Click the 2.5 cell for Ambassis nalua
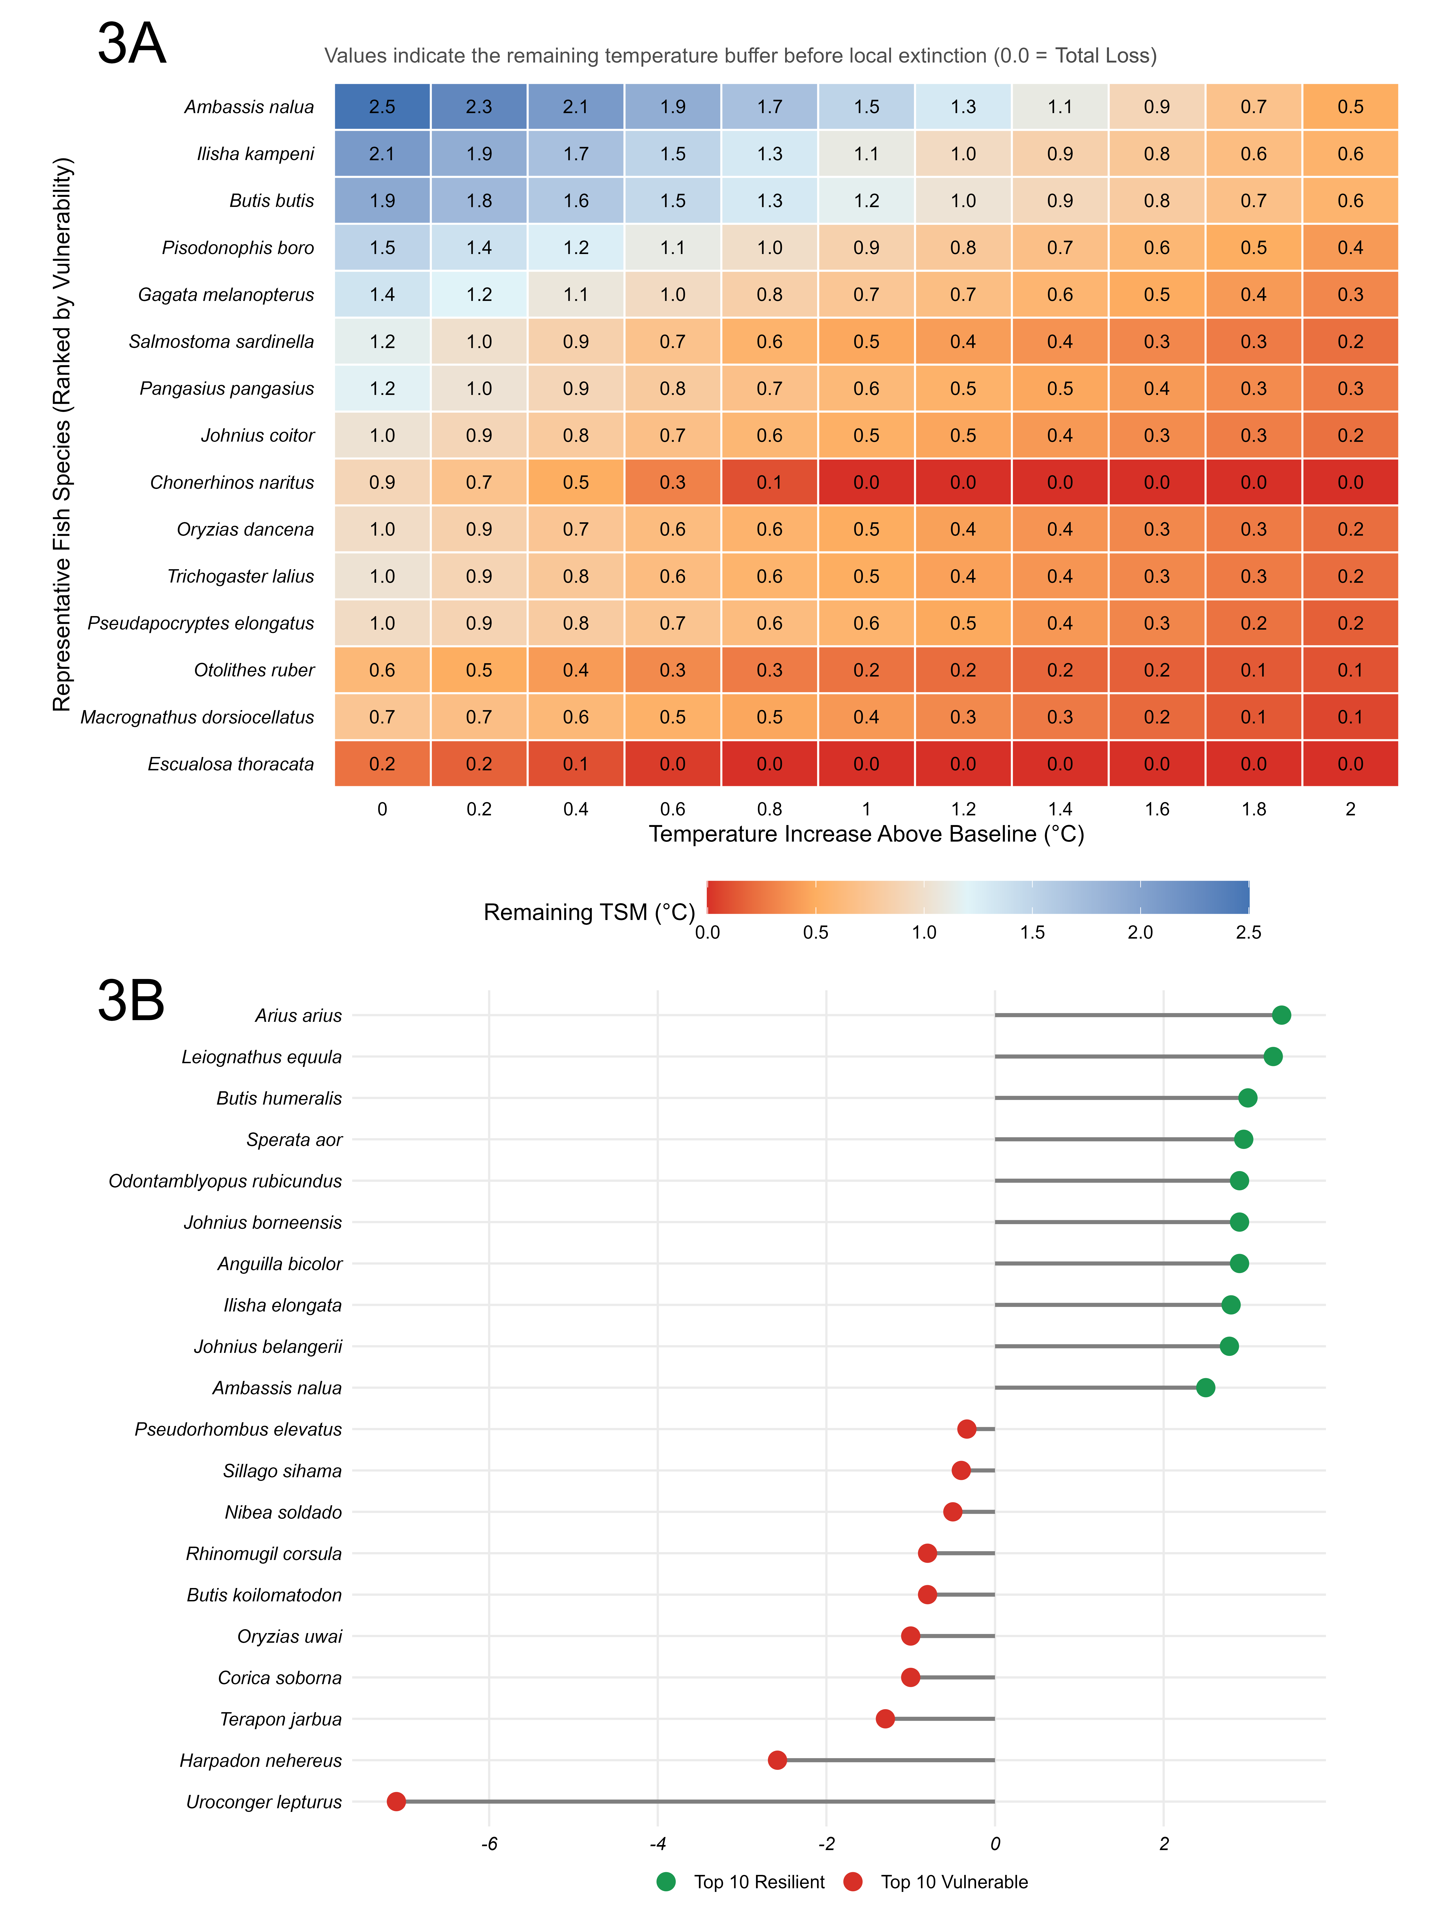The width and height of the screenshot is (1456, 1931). tap(382, 106)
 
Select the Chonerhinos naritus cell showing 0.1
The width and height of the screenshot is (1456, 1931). tap(769, 482)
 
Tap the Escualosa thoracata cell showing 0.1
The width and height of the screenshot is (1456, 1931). tap(575, 764)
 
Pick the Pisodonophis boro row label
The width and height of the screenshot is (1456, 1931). tap(237, 248)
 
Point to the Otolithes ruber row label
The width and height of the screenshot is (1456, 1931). tap(254, 670)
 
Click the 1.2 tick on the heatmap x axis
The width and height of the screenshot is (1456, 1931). tap(963, 809)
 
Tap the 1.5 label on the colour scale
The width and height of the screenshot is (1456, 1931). tap(1032, 932)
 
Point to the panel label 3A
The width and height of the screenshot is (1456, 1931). tap(131, 44)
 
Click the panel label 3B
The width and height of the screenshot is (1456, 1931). tap(131, 1000)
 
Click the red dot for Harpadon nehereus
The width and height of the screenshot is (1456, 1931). tap(777, 1760)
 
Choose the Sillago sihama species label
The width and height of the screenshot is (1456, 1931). tap(282, 1471)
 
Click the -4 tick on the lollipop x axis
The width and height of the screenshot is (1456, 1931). tap(657, 1844)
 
